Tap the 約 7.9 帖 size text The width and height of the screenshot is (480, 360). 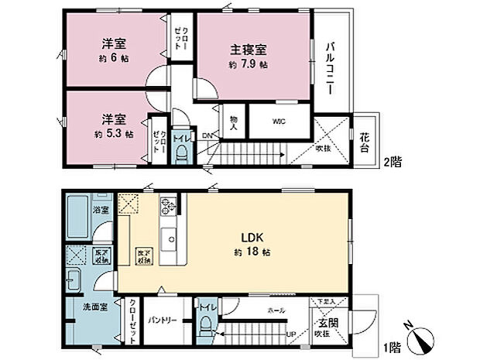pyautogui.click(x=248, y=66)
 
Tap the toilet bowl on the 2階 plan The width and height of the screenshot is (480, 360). pyautogui.click(x=183, y=154)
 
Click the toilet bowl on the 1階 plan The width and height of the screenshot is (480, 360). pyautogui.click(x=204, y=325)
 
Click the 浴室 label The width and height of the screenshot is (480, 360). pyautogui.click(x=101, y=209)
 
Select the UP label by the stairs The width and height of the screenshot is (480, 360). pyautogui.click(x=291, y=336)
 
